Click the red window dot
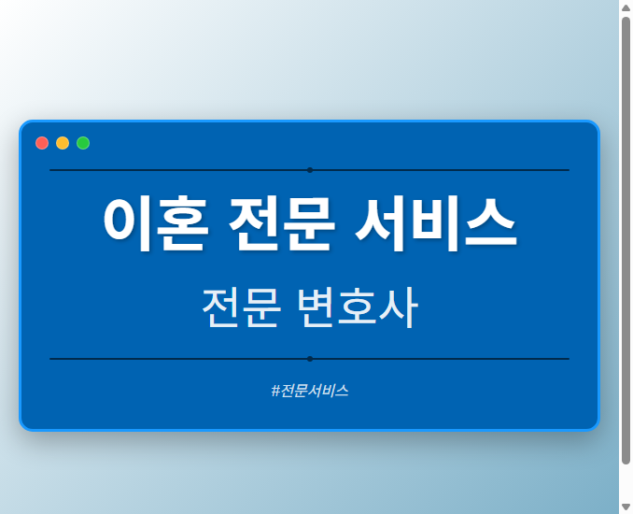coord(42,143)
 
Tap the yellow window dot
coord(63,143)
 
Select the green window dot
coord(83,143)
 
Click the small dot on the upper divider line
coord(309,170)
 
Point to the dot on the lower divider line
coord(309,359)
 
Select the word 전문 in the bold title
coord(277,224)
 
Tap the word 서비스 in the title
coord(436,224)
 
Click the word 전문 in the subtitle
coord(241,307)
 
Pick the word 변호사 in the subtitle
coord(357,307)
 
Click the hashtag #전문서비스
coord(309,391)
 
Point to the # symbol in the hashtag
coord(275,391)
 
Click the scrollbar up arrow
coord(626,7)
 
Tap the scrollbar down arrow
coord(626,507)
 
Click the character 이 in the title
coord(128,224)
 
